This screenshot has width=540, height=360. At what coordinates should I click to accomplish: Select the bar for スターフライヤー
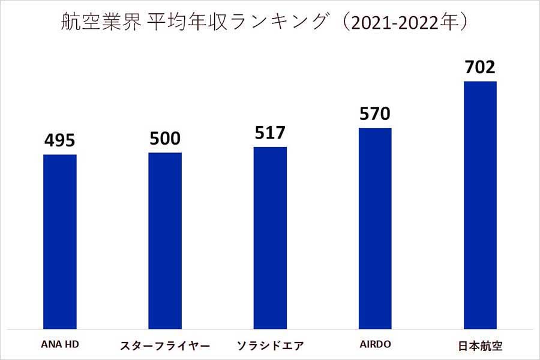coord(165,240)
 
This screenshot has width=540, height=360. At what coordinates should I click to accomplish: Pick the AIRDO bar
coord(375,228)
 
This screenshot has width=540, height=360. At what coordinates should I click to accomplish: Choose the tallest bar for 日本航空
coord(480,205)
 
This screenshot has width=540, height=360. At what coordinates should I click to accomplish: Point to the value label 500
coord(165,139)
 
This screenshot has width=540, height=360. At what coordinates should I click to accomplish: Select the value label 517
coord(270,133)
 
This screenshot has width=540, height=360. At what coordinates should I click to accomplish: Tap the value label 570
coord(375,113)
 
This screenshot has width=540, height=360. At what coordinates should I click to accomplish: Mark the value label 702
coord(480,67)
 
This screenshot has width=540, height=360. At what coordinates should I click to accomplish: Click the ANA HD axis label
coord(60,346)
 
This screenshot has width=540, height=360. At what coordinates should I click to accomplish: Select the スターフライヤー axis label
coord(165,346)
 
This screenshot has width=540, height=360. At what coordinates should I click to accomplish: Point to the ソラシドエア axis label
coord(271,346)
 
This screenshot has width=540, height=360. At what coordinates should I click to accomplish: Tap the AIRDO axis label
coord(374,346)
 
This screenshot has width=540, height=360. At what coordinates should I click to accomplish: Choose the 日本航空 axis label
coord(480,346)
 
